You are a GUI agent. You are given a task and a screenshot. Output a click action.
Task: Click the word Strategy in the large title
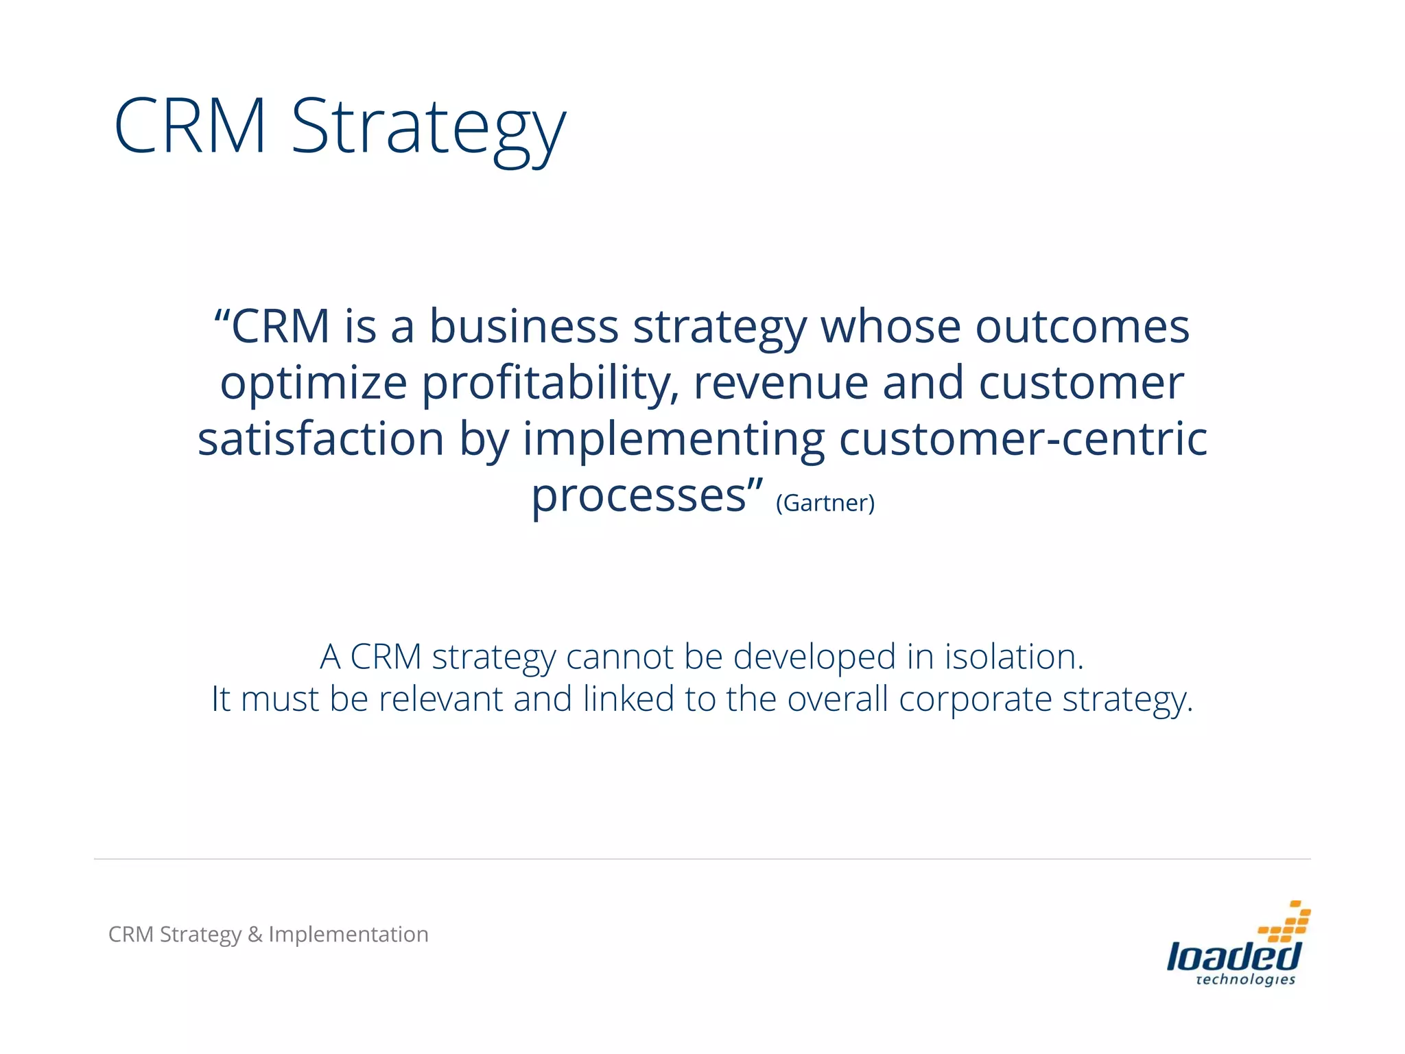pos(429,128)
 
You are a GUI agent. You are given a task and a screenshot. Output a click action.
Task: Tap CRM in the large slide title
pos(190,127)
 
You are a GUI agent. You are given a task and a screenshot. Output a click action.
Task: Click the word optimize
pos(314,384)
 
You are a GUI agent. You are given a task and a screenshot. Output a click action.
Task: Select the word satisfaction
pos(321,439)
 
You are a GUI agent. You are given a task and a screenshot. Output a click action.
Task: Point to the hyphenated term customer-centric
pos(1023,439)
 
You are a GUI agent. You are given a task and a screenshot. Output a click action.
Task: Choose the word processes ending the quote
pos(638,497)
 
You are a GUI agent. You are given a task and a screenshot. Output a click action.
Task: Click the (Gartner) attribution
pos(825,503)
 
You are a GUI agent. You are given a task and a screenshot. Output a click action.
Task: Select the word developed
pos(814,658)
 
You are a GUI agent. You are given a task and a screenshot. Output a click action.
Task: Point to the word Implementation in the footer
pos(349,935)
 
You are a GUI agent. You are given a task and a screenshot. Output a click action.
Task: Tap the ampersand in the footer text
pos(255,935)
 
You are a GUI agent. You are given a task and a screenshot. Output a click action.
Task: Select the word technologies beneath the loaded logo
pos(1245,980)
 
